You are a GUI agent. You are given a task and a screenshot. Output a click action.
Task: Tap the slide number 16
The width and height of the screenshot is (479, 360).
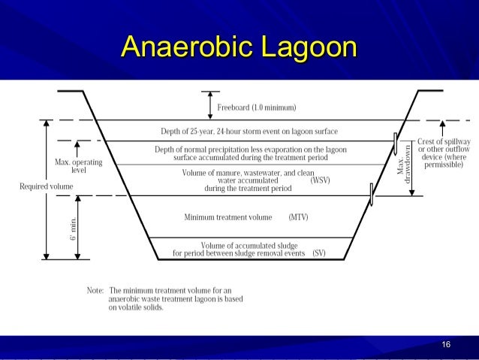[x=446, y=344]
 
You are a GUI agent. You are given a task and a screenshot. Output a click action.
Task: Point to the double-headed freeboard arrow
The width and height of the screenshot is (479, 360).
[x=210, y=105]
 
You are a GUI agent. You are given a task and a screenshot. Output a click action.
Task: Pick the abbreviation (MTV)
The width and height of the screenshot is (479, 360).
[x=298, y=217]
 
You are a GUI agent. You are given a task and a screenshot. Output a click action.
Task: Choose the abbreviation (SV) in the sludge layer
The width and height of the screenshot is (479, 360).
[x=319, y=253]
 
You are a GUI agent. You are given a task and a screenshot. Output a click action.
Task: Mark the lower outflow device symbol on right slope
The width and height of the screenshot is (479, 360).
[x=371, y=195]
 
